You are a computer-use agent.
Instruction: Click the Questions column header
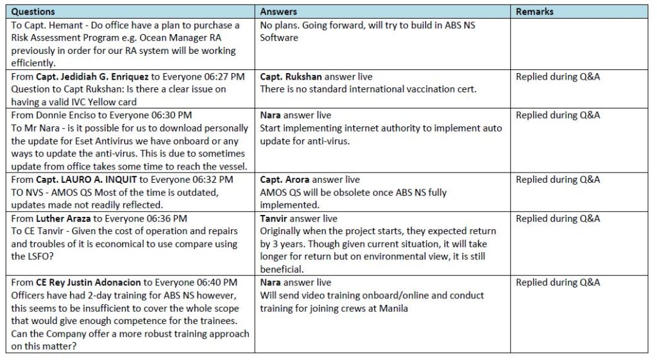[33, 12]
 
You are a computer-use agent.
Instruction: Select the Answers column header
[278, 12]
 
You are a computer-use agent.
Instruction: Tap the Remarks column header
[534, 12]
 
